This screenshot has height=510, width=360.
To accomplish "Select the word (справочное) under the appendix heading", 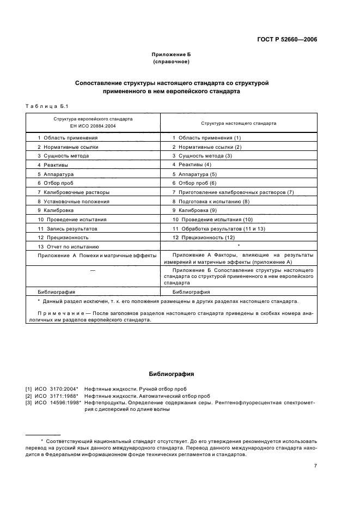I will pyautogui.click(x=172, y=62).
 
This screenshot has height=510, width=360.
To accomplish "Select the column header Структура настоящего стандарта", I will pyautogui.click(x=239, y=123).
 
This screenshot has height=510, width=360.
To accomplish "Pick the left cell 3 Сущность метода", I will pyautogui.click(x=63, y=156).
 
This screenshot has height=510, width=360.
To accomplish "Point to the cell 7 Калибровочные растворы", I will pyautogui.click(x=73, y=192).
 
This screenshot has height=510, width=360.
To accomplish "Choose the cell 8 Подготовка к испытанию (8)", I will pyautogui.click(x=211, y=201).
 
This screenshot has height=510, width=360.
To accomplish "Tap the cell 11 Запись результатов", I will pyautogui.click(x=68, y=228).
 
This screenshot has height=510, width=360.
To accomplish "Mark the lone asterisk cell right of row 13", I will pyautogui.click(x=238, y=246).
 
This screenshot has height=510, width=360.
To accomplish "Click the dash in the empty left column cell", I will pyautogui.click(x=92, y=270).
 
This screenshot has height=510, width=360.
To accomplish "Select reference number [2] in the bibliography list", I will pyautogui.click(x=28, y=396).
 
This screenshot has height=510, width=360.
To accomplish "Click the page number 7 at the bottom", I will pyautogui.click(x=315, y=466).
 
